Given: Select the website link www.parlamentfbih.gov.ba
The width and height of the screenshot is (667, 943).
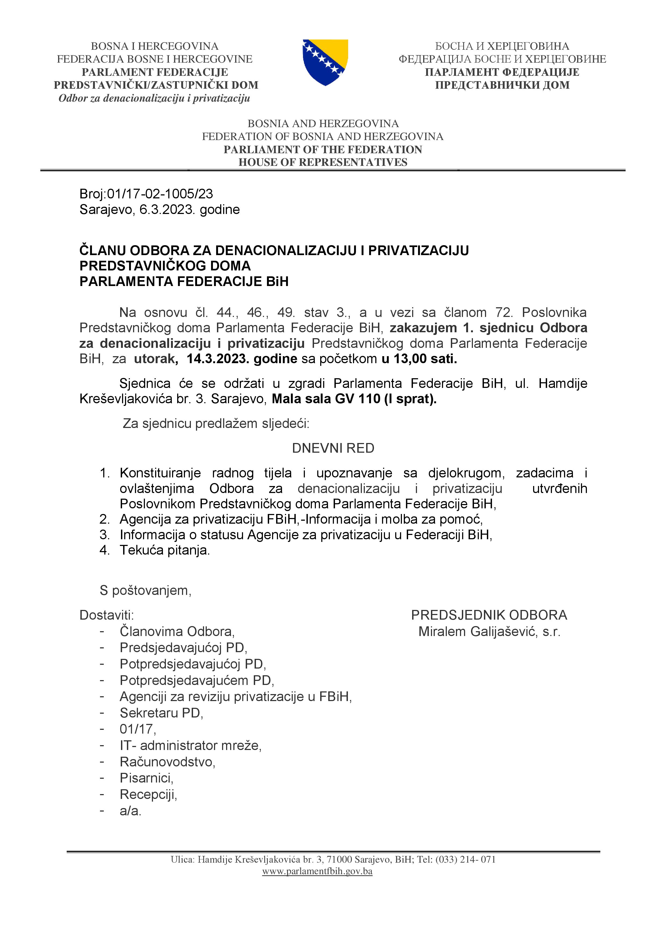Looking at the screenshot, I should click(317, 871).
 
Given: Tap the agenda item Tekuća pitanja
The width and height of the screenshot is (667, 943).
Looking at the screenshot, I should click(165, 550).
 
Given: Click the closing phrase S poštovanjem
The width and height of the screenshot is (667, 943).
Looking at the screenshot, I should click(145, 590).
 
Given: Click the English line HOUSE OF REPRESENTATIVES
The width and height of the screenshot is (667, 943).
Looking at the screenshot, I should click(323, 162).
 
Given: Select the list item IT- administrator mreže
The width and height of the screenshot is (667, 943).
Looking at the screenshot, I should click(190, 745).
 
